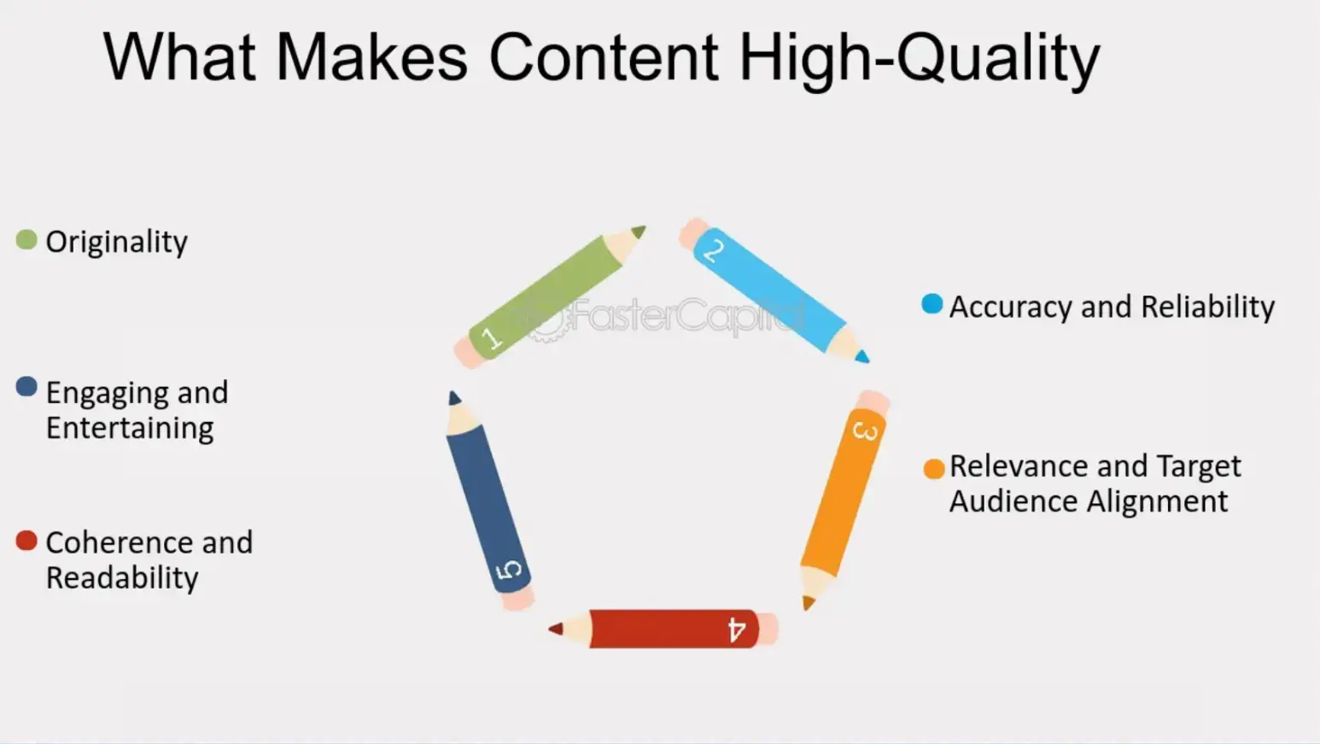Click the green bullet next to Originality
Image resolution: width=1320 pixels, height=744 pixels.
26,240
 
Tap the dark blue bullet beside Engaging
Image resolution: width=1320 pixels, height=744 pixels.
26,387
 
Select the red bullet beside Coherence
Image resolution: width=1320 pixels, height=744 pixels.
26,540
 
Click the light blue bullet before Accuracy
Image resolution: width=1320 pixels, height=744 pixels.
932,303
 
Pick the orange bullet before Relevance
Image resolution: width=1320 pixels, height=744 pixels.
934,468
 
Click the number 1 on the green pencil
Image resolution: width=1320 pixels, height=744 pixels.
491,338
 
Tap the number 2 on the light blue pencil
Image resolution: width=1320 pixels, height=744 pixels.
713,250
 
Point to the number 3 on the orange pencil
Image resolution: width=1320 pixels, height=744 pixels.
865,431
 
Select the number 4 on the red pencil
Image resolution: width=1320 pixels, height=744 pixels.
736,630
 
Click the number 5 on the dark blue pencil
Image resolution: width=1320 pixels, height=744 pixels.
509,570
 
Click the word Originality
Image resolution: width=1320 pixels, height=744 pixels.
117,243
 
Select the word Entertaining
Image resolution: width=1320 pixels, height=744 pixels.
130,428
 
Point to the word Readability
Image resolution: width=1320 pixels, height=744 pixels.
122,578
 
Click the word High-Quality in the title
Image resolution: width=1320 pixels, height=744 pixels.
919,58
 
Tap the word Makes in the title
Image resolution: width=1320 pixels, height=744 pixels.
371,58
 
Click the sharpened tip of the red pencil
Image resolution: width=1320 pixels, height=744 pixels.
556,629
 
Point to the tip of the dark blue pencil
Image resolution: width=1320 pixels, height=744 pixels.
453,397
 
